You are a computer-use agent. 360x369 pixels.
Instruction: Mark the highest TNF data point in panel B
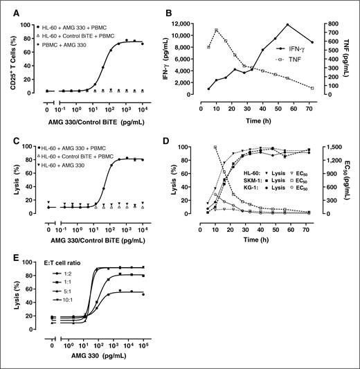[x=237, y=30]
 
